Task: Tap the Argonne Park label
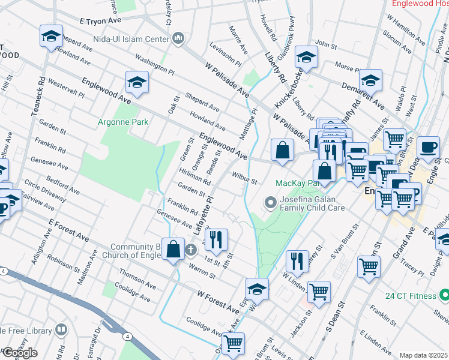coord(123,122)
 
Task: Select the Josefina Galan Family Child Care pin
coord(270,204)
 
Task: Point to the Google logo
coord(19,353)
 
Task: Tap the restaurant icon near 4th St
coord(217,239)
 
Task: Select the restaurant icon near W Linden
coord(297,260)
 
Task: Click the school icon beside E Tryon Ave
coord(51,36)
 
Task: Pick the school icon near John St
coord(306,56)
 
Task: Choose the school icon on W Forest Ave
coord(257,288)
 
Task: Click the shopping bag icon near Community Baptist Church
coord(173,249)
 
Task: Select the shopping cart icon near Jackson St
coord(319,291)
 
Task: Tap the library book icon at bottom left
coord(61,329)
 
